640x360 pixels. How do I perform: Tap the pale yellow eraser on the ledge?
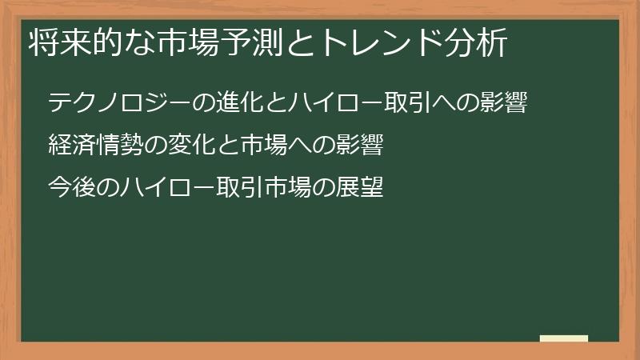(564, 339)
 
